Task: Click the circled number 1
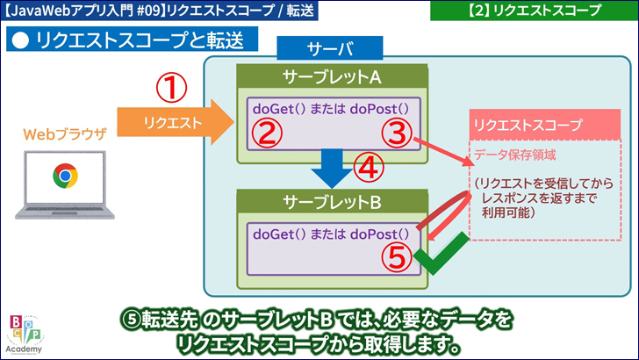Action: (x=174, y=88)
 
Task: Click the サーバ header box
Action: (x=330, y=48)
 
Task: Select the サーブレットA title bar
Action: (x=332, y=77)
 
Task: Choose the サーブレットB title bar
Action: (x=332, y=203)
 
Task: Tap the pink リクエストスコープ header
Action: (x=527, y=126)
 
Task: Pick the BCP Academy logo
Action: (x=25, y=334)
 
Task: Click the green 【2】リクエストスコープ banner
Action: (x=534, y=11)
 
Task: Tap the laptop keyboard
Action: (x=62, y=211)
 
